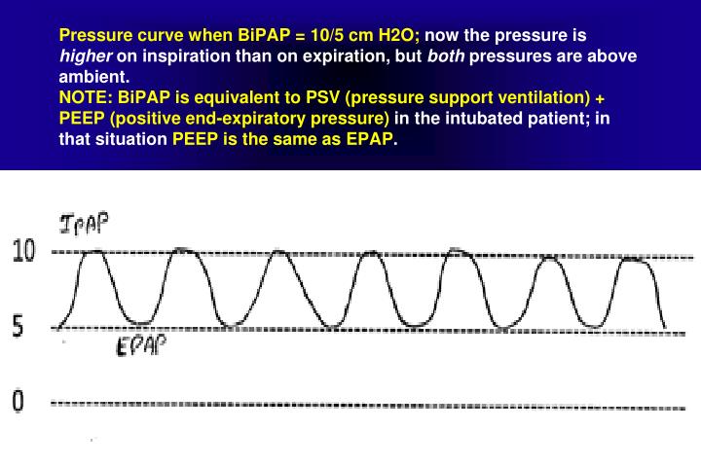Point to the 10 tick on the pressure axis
pos(23,252)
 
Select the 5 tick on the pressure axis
pos(18,327)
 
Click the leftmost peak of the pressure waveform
pos(94,252)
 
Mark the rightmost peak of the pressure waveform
pos(634,259)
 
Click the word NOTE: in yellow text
pos(86,97)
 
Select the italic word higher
pos(85,56)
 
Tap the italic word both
pos(449,56)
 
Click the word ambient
pos(92,77)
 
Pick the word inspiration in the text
pos(193,56)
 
